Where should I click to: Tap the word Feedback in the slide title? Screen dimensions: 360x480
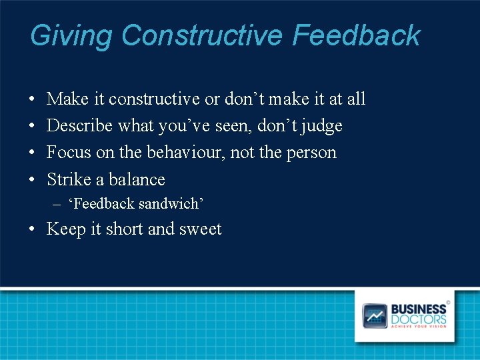click(x=356, y=36)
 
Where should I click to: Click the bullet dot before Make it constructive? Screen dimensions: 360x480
click(x=33, y=99)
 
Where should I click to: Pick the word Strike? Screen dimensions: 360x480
click(x=67, y=179)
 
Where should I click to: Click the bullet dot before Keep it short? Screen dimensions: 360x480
click(x=33, y=229)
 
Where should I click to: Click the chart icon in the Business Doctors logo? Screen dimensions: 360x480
click(x=374, y=315)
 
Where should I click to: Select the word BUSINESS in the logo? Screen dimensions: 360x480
click(x=419, y=309)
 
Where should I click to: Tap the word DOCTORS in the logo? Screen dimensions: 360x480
click(x=419, y=319)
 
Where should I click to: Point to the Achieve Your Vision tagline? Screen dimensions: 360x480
click(x=419, y=327)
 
